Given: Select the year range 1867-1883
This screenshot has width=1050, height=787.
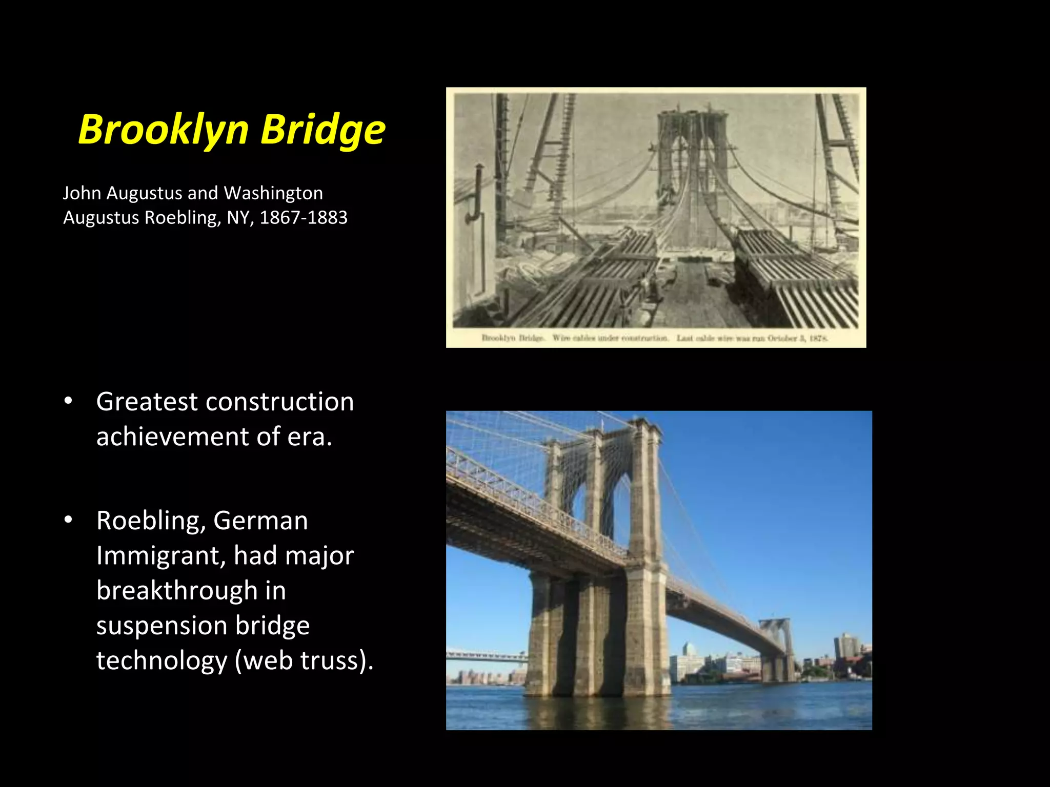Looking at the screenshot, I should click(304, 217).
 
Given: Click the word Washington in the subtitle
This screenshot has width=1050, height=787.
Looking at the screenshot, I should click(273, 193).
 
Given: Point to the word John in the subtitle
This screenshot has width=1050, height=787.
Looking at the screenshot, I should click(82, 193).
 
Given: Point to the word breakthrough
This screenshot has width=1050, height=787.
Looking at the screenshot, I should click(177, 590).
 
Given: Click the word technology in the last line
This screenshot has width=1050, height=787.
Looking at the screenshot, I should click(161, 660).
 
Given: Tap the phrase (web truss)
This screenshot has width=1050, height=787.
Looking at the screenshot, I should click(304, 660).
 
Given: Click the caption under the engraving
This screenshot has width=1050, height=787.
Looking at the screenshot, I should click(655, 338).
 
